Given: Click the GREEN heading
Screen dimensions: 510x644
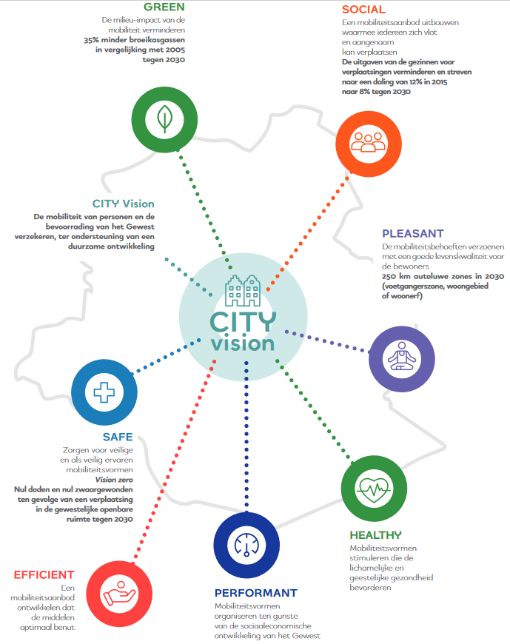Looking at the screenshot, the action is (x=164, y=7).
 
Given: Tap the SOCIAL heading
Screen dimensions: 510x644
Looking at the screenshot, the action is (x=363, y=10).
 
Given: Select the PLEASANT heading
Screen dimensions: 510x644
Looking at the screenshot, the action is (x=413, y=234).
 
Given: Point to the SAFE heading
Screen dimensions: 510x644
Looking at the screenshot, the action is (x=118, y=437).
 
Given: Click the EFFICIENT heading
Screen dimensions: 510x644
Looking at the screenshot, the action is (x=44, y=574).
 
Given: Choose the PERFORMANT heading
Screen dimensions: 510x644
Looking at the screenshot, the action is (x=256, y=593).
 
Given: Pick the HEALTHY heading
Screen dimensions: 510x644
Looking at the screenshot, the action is (x=376, y=535).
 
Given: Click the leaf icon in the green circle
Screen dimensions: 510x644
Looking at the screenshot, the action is (x=164, y=119).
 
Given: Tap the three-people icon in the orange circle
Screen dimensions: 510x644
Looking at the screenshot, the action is (x=368, y=142).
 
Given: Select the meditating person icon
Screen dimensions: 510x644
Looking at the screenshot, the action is (x=402, y=357).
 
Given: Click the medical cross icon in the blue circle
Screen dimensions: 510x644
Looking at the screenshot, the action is (x=104, y=392).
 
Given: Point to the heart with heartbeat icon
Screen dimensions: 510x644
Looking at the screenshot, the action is (x=374, y=489).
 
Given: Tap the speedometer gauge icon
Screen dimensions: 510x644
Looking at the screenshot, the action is (x=246, y=546).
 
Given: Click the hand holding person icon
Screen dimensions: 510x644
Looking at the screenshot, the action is (x=119, y=594).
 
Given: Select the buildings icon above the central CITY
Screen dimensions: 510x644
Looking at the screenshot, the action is (x=243, y=291).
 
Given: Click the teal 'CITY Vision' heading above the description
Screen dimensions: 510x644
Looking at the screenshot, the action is (x=123, y=204).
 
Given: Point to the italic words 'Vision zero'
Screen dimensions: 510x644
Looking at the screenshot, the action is (x=114, y=480).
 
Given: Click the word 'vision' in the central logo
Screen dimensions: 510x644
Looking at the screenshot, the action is (x=243, y=343).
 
